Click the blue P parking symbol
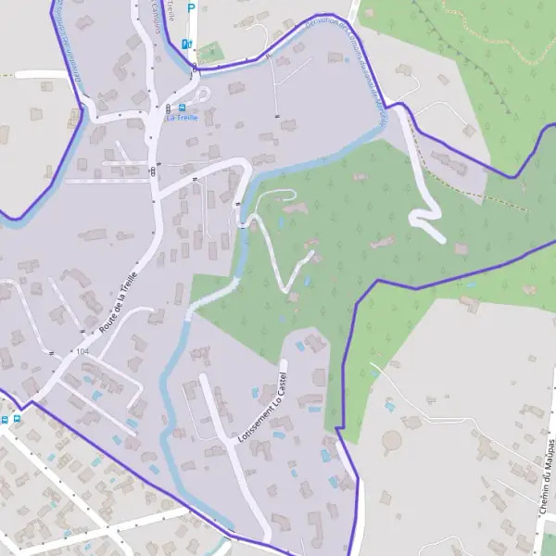point(192,8)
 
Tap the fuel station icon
point(185,43)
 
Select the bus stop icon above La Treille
point(168,107)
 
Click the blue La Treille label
point(182,118)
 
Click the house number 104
point(82,351)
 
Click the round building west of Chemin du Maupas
point(393,441)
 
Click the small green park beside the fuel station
point(211,52)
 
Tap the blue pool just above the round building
point(388,406)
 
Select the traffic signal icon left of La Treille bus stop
point(152,171)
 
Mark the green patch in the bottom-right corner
point(550,545)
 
